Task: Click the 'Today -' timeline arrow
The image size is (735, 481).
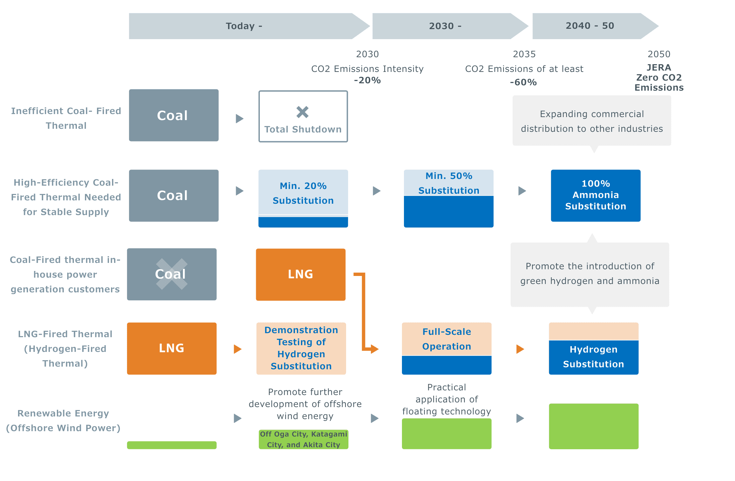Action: pos(244,26)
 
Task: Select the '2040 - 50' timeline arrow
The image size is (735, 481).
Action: pos(590,26)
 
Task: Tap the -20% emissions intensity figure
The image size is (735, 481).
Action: pos(367,80)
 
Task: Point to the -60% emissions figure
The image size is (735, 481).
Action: pos(523,82)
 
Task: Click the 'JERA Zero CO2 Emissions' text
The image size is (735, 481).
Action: pos(659,78)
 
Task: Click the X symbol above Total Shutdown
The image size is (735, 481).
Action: pos(302,112)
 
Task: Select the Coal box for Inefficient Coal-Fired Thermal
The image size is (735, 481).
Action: pos(174,115)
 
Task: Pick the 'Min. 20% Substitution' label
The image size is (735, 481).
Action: pos(303,193)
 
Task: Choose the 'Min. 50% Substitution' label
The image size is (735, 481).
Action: pos(449,183)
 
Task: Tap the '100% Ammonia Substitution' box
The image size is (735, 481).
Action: pos(596,195)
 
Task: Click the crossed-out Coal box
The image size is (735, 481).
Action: pos(172,274)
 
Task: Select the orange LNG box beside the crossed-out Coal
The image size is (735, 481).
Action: pos(301,274)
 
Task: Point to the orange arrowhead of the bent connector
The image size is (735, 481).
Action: pos(375,349)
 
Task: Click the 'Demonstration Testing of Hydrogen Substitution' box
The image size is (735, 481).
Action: pos(301,348)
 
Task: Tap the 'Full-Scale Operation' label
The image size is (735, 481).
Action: pos(446,339)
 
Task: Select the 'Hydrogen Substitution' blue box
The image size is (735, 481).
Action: pos(594,357)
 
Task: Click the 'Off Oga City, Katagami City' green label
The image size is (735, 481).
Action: pos(303,439)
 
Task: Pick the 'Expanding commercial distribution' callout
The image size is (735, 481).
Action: pos(592,121)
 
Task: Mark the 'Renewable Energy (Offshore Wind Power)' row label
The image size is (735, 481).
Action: pos(63,420)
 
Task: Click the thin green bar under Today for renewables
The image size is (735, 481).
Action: pos(172,445)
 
